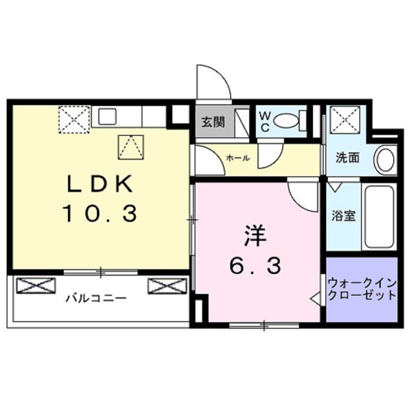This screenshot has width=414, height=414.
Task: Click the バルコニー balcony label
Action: click(96, 299)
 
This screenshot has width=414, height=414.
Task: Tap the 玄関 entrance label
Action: click(212, 121)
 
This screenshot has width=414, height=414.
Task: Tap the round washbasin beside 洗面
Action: click(386, 159)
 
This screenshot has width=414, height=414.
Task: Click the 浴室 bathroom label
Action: click(344, 215)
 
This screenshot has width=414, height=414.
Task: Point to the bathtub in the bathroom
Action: click(379, 217)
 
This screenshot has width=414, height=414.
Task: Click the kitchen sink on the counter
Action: click(107, 118)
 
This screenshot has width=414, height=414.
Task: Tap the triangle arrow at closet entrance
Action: click(316, 299)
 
